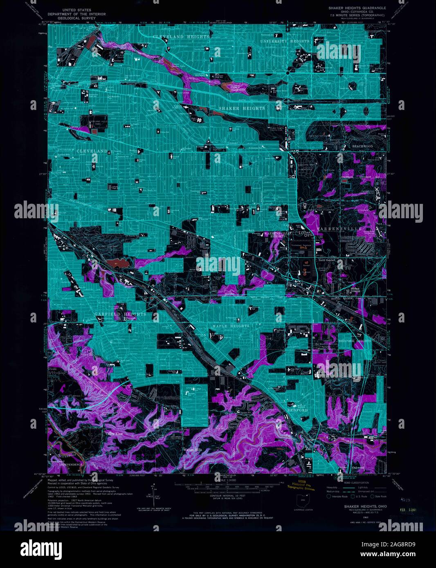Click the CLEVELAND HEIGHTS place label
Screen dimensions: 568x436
pyautogui.click(x=181, y=37)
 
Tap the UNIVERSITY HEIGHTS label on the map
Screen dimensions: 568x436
pyautogui.click(x=285, y=41)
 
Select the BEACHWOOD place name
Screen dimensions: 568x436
pyautogui.click(x=362, y=146)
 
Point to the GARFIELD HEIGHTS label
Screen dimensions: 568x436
pyautogui.click(x=120, y=314)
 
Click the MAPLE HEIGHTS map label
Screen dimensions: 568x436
pyautogui.click(x=231, y=326)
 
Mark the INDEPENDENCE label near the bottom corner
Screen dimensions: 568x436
pyautogui.click(x=71, y=465)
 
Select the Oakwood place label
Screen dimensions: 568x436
pyautogui.click(x=358, y=468)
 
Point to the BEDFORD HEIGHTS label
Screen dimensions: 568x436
pyautogui.click(x=355, y=340)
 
